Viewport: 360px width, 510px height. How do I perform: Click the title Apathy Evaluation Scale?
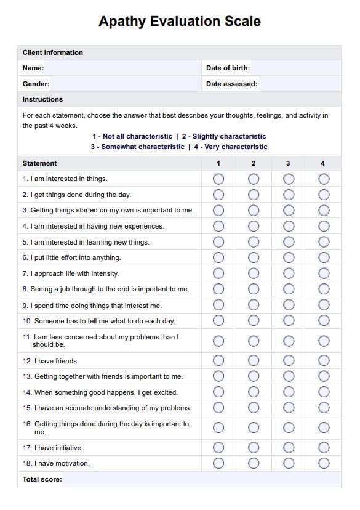180,22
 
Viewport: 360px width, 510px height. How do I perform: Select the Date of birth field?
295,68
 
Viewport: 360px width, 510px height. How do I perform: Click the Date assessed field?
299,84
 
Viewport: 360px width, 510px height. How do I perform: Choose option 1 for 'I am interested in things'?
218,179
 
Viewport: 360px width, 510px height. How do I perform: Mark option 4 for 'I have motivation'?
324,463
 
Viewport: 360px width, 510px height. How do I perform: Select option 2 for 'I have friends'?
254,360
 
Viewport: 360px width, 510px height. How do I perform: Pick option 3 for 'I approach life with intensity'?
289,273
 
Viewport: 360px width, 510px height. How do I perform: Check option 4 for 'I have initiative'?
324,448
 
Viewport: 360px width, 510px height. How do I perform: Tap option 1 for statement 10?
218,320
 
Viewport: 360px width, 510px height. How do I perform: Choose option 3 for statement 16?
289,427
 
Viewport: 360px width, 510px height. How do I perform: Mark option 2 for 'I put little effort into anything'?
254,257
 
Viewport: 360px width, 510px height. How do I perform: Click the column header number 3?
288,163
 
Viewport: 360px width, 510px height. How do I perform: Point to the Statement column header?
40,163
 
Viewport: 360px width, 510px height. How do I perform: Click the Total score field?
201,479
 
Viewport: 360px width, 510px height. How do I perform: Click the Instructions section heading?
42,99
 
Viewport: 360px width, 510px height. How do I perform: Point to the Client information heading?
52,52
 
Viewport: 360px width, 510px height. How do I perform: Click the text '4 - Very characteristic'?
231,147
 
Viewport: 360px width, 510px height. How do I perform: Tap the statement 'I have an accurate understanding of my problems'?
107,408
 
